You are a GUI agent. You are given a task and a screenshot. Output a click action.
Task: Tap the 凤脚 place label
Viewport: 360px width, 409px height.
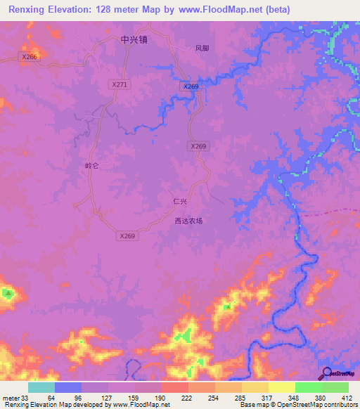202,48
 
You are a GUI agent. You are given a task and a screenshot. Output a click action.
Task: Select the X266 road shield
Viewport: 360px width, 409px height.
29,57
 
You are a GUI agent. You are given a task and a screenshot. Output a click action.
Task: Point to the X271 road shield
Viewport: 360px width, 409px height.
120,84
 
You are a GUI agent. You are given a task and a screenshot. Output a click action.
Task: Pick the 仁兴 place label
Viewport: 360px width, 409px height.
180,201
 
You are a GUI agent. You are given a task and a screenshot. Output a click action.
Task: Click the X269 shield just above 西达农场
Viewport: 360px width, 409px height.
127,236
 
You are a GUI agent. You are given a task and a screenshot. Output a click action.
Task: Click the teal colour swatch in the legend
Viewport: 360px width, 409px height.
41,387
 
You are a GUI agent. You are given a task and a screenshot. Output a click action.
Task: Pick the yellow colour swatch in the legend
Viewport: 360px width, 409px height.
281,387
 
